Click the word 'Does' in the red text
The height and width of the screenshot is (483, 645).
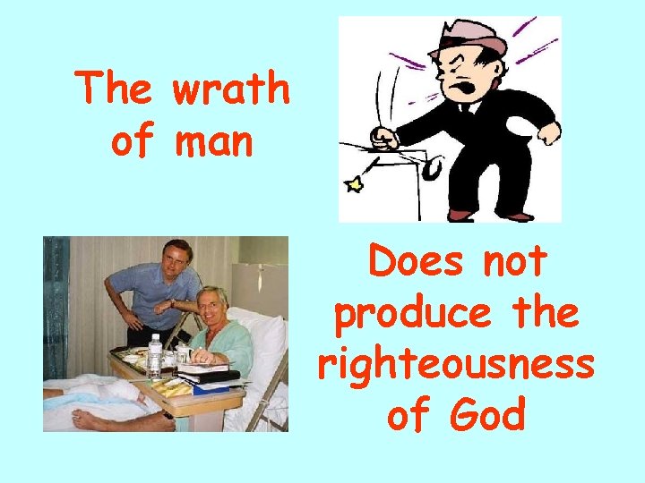(x=408, y=261)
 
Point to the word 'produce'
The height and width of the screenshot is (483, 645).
(x=401, y=313)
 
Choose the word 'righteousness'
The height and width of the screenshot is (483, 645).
(x=455, y=364)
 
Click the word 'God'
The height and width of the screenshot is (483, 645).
(x=489, y=415)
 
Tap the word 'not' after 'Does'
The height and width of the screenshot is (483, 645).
(x=514, y=261)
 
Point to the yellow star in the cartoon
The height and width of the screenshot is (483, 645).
(x=354, y=185)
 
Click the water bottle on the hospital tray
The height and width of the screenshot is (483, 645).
(x=154, y=354)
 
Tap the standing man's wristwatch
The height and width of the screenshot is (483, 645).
(x=170, y=303)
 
